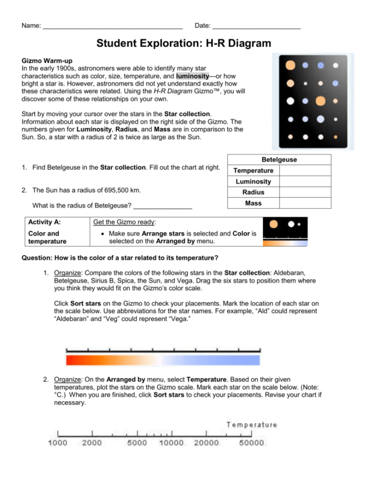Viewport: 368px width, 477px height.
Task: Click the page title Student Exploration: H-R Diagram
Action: coord(183,44)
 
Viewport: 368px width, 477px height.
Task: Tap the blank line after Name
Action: coord(112,26)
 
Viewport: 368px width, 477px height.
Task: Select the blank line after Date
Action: coord(256,26)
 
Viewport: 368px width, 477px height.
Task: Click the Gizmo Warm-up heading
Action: coord(44,60)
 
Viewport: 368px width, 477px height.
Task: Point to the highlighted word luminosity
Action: coord(193,75)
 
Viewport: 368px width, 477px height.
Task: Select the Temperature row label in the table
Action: coord(253,171)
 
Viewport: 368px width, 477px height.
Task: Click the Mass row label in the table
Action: coord(253,203)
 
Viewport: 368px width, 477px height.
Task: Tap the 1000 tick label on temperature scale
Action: coord(58,443)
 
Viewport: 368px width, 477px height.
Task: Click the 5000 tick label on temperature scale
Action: coord(137,443)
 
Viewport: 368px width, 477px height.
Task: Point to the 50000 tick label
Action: coord(251,443)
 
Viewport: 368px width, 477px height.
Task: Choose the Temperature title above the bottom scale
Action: coord(252,425)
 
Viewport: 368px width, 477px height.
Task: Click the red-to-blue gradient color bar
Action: coord(163,360)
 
